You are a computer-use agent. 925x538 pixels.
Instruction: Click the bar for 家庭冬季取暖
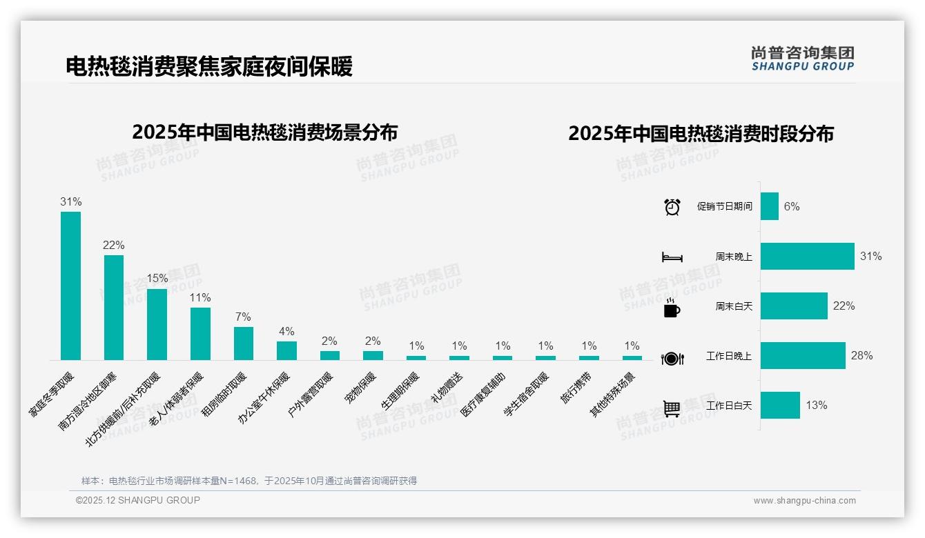[x=70, y=286]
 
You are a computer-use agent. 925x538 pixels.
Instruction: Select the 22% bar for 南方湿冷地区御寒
[x=114, y=308]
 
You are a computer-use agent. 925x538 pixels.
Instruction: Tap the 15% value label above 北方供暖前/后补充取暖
[x=157, y=279]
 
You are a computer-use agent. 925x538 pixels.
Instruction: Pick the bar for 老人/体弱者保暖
[x=200, y=334]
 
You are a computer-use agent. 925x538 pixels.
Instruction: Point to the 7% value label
[x=243, y=317]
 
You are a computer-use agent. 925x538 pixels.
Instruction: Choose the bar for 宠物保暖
[x=373, y=356]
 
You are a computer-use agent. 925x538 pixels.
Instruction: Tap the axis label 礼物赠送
[x=447, y=387]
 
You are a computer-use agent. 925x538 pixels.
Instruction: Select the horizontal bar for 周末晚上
[x=807, y=256]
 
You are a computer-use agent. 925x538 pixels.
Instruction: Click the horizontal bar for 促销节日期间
[x=770, y=206]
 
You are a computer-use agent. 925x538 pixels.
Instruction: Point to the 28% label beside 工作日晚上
[x=861, y=356]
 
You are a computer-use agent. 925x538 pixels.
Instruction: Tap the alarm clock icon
[x=672, y=207]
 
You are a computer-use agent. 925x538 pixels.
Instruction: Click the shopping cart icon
[x=672, y=408]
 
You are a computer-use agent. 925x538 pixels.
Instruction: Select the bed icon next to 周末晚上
[x=672, y=257]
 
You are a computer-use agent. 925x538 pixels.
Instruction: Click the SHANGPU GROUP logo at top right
[x=802, y=59]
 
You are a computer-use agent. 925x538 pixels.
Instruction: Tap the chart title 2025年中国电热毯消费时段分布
[x=701, y=134]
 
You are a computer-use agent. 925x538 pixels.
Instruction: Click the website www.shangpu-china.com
[x=804, y=501]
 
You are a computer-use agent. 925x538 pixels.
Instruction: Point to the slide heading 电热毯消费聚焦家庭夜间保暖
[x=209, y=67]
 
